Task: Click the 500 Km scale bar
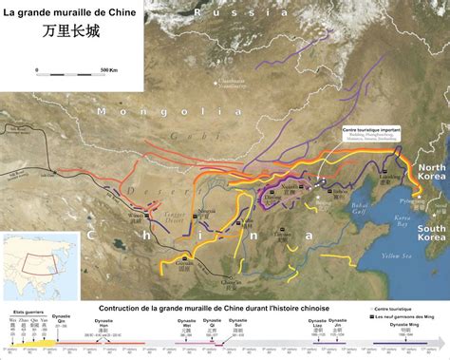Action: coord(72,70)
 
